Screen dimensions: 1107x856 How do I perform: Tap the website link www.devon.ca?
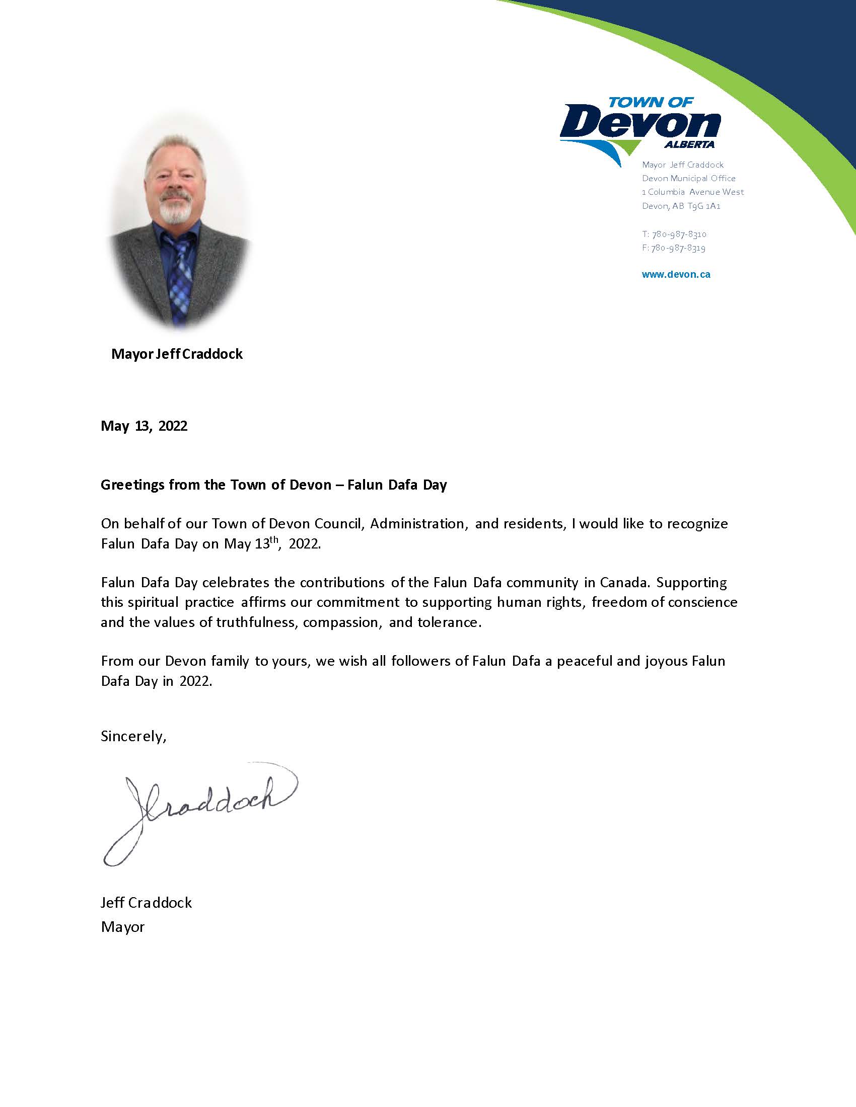(x=676, y=275)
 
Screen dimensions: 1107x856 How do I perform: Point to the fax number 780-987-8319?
(x=679, y=248)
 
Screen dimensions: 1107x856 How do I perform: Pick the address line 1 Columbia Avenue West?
(x=693, y=192)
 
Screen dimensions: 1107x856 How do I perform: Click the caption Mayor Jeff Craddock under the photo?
(x=177, y=354)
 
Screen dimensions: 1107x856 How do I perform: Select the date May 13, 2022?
(x=144, y=426)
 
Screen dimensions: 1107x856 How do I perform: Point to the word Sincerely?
(x=133, y=736)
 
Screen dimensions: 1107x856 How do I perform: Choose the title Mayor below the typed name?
(x=123, y=927)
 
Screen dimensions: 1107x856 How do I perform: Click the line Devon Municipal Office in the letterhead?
(x=689, y=179)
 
